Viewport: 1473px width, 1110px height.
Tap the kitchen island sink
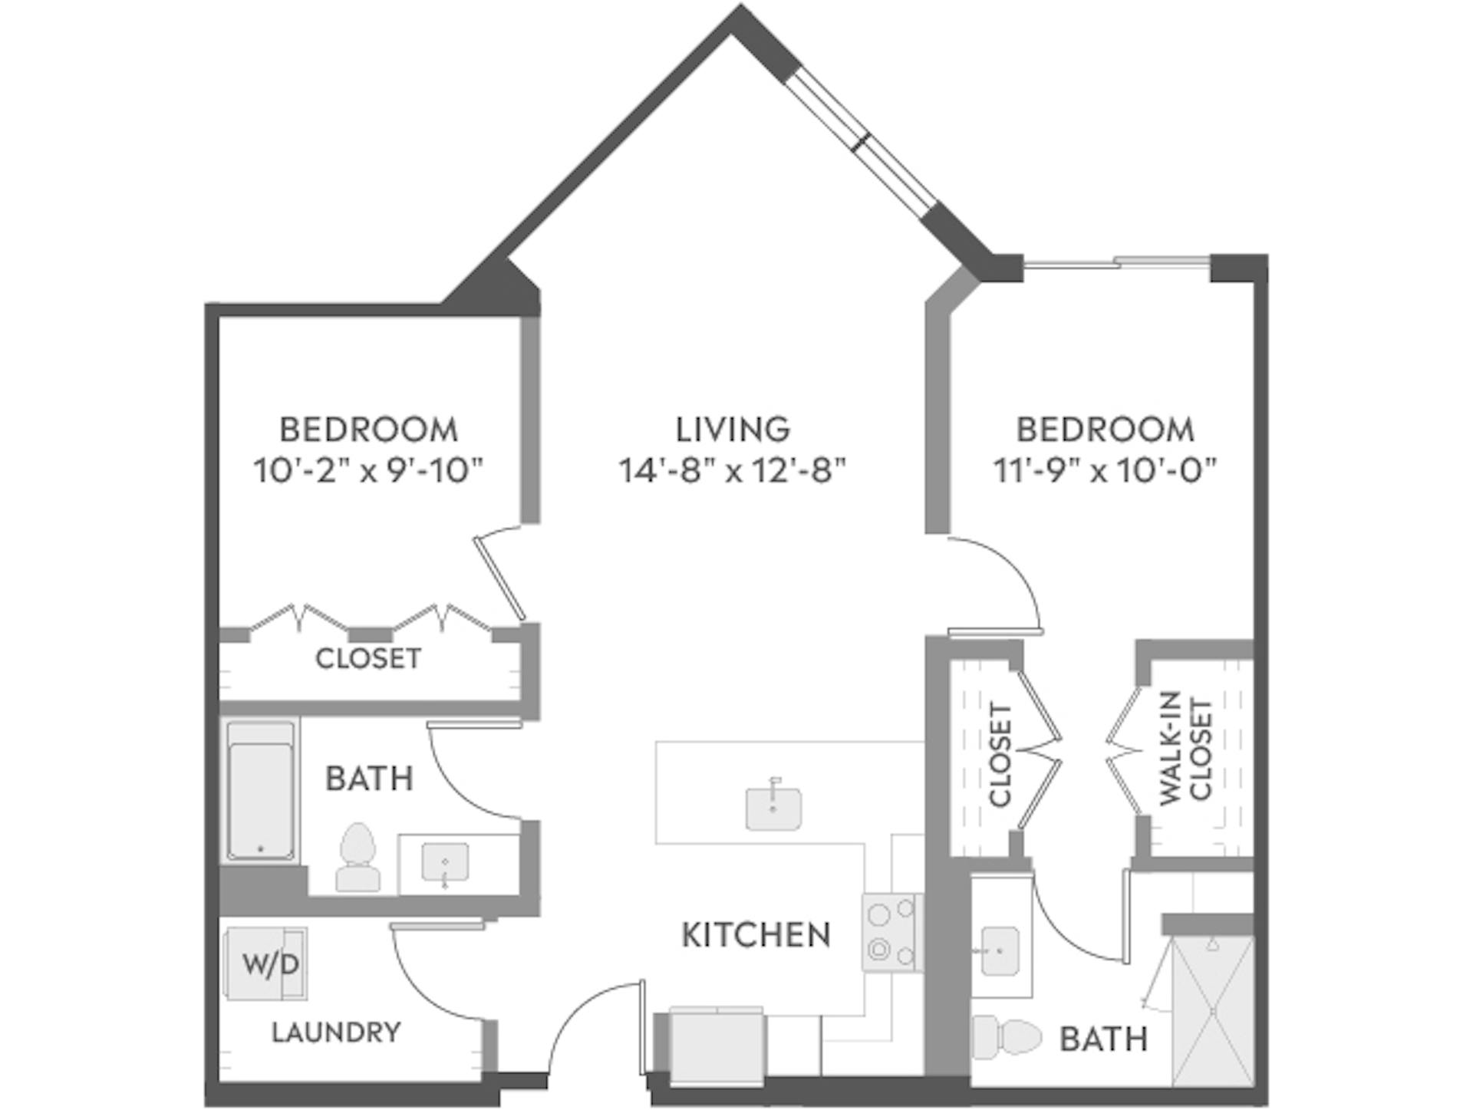click(x=773, y=808)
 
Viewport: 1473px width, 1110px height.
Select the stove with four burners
click(x=891, y=932)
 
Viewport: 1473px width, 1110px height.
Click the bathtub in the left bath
click(x=260, y=790)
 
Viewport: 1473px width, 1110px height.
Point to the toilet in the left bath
click(x=358, y=857)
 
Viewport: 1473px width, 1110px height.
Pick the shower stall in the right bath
click(x=1212, y=1010)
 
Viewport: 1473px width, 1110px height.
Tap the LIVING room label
click(x=733, y=430)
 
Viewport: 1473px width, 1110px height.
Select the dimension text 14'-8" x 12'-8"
click(x=733, y=470)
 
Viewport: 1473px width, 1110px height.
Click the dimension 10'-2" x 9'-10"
click(x=369, y=470)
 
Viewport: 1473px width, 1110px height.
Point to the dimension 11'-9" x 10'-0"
click(x=1106, y=470)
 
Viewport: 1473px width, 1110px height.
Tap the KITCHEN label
click(x=756, y=935)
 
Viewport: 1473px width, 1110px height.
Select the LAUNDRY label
click(x=336, y=1033)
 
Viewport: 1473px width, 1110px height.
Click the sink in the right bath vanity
click(x=1000, y=951)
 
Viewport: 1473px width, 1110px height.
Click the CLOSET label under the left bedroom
click(x=368, y=659)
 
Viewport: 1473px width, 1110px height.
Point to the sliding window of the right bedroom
click(x=1116, y=264)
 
